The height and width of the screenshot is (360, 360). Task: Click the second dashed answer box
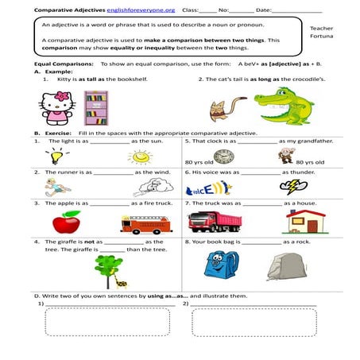point(254,322)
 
